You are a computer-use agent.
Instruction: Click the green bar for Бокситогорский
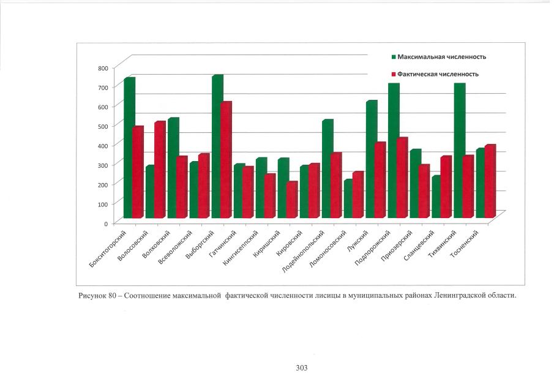128,147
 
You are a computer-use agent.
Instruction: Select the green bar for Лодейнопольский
326,169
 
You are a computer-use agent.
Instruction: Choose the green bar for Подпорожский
392,150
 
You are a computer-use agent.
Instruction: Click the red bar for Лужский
380,181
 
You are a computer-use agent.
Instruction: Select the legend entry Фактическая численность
438,74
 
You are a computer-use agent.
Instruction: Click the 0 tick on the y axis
105,223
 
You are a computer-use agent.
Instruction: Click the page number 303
301,367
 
